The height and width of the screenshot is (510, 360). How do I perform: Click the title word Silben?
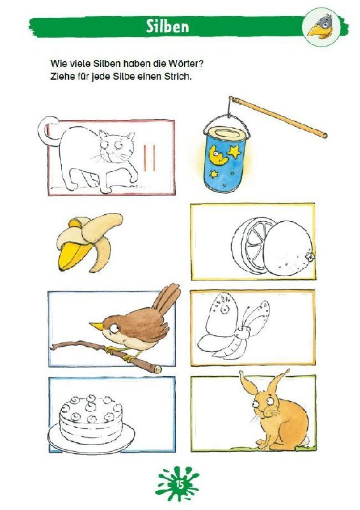pos(168,26)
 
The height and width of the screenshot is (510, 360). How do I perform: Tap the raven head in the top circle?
pos(321,25)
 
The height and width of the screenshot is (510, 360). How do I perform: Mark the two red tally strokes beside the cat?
pos(149,158)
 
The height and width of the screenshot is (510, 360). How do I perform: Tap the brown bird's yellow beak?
pos(96,325)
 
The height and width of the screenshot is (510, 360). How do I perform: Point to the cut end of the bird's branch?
pos(158,368)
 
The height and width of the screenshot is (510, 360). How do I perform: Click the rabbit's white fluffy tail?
pos(305,441)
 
